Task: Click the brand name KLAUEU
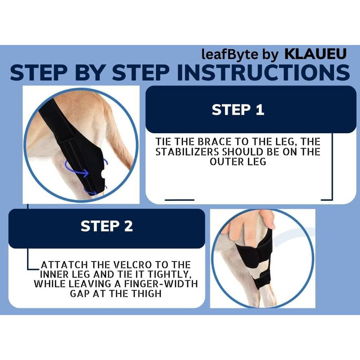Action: pyautogui.click(x=315, y=54)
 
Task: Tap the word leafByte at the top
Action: pyautogui.click(x=230, y=55)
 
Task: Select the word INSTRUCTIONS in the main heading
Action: pyautogui.click(x=263, y=72)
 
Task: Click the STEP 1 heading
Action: pyautogui.click(x=238, y=109)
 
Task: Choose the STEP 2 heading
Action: pyautogui.click(x=107, y=226)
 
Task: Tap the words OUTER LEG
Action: pyautogui.click(x=238, y=162)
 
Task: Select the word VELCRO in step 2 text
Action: pyautogui.click(x=133, y=265)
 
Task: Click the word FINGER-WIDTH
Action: pyautogui.click(x=161, y=284)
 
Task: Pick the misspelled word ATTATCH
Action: pyautogui.click(x=64, y=265)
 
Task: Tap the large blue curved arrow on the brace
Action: pyautogui.click(x=76, y=169)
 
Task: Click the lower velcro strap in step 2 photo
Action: pyautogui.click(x=262, y=279)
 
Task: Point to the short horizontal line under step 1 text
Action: pyautogui.click(x=180, y=200)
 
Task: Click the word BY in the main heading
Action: pyautogui.click(x=88, y=72)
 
